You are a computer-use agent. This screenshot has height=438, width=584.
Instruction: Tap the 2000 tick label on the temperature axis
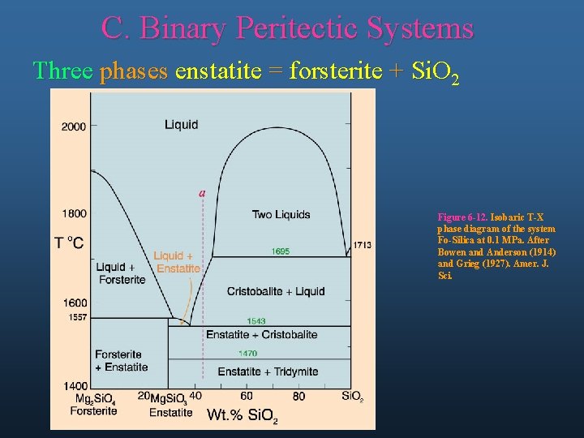tap(73, 126)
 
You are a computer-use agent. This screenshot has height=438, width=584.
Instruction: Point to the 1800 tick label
tap(73, 213)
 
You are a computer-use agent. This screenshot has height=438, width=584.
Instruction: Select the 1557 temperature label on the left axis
tap(78, 316)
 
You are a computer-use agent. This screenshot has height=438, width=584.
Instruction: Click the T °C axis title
tap(69, 243)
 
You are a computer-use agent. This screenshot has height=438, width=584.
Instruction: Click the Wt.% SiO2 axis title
tap(243, 415)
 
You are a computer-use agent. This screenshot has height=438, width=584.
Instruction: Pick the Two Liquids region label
tap(281, 214)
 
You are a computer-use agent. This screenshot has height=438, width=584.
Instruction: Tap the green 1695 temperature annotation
tap(281, 251)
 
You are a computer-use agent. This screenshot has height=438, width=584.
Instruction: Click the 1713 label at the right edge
tap(362, 245)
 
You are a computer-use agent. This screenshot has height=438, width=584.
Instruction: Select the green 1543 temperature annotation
tap(256, 321)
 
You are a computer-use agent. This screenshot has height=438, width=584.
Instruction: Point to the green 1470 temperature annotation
tap(247, 353)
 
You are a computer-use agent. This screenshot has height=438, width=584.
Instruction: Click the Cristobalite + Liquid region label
tap(276, 291)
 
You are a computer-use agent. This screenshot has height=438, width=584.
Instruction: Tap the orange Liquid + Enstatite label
tap(176, 262)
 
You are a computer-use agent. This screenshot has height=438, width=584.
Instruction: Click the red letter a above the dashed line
tap(202, 192)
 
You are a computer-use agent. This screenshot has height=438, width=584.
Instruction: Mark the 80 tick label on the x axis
tap(298, 396)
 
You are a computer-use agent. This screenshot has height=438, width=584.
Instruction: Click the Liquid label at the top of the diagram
tap(181, 125)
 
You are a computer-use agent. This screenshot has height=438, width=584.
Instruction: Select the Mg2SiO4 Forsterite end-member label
tap(95, 404)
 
